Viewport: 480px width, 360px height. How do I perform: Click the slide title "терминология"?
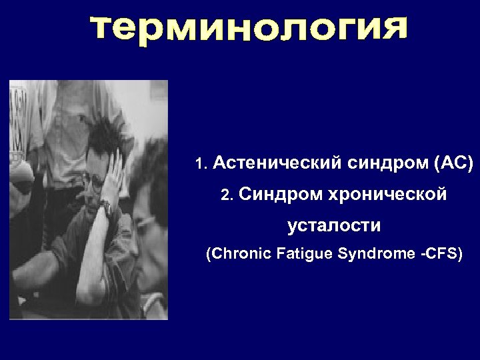click(x=248, y=32)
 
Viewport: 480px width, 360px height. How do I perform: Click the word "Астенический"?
click(x=278, y=163)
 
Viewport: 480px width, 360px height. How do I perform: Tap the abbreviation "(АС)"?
click(x=453, y=163)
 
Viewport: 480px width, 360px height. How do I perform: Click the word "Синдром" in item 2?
click(x=281, y=195)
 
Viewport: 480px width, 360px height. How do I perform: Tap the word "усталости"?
click(x=334, y=226)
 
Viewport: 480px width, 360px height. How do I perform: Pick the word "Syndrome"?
click(x=374, y=254)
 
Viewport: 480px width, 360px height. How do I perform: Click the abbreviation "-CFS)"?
click(x=440, y=254)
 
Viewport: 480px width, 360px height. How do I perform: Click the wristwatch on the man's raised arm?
click(x=106, y=209)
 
